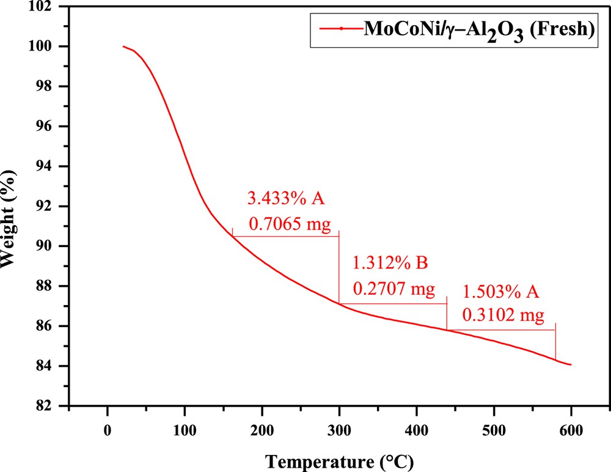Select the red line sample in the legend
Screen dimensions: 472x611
(x=341, y=29)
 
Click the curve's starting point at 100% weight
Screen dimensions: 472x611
(x=123, y=46)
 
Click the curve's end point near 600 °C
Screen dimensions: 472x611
(x=571, y=365)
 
